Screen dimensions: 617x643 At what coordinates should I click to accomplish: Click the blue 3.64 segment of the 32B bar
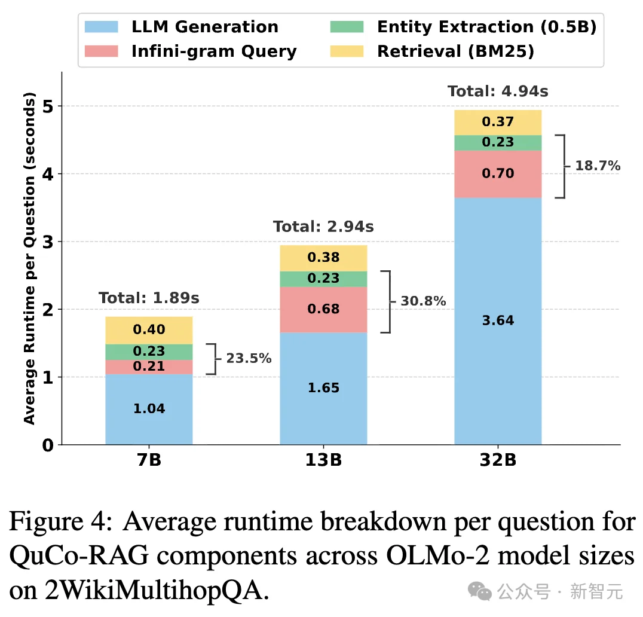pyautogui.click(x=498, y=320)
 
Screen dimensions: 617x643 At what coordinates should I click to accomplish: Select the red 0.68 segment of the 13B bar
pyautogui.click(x=323, y=309)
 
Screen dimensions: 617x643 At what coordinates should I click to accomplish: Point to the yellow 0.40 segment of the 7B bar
pyautogui.click(x=149, y=330)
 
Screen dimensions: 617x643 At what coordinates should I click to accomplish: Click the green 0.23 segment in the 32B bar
pyautogui.click(x=498, y=142)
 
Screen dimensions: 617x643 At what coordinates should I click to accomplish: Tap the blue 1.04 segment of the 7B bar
pyautogui.click(x=149, y=409)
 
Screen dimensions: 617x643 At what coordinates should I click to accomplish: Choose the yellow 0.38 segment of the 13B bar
pyautogui.click(x=323, y=258)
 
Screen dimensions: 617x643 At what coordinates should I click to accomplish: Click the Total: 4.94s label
pyautogui.click(x=498, y=92)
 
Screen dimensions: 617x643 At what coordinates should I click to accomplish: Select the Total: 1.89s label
pyautogui.click(x=149, y=298)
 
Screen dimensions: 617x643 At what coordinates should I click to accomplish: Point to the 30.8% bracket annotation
pyautogui.click(x=423, y=301)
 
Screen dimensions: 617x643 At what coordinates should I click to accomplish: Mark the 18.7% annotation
pyautogui.click(x=598, y=166)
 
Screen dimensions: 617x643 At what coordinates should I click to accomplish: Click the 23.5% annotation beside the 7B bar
pyautogui.click(x=249, y=359)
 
